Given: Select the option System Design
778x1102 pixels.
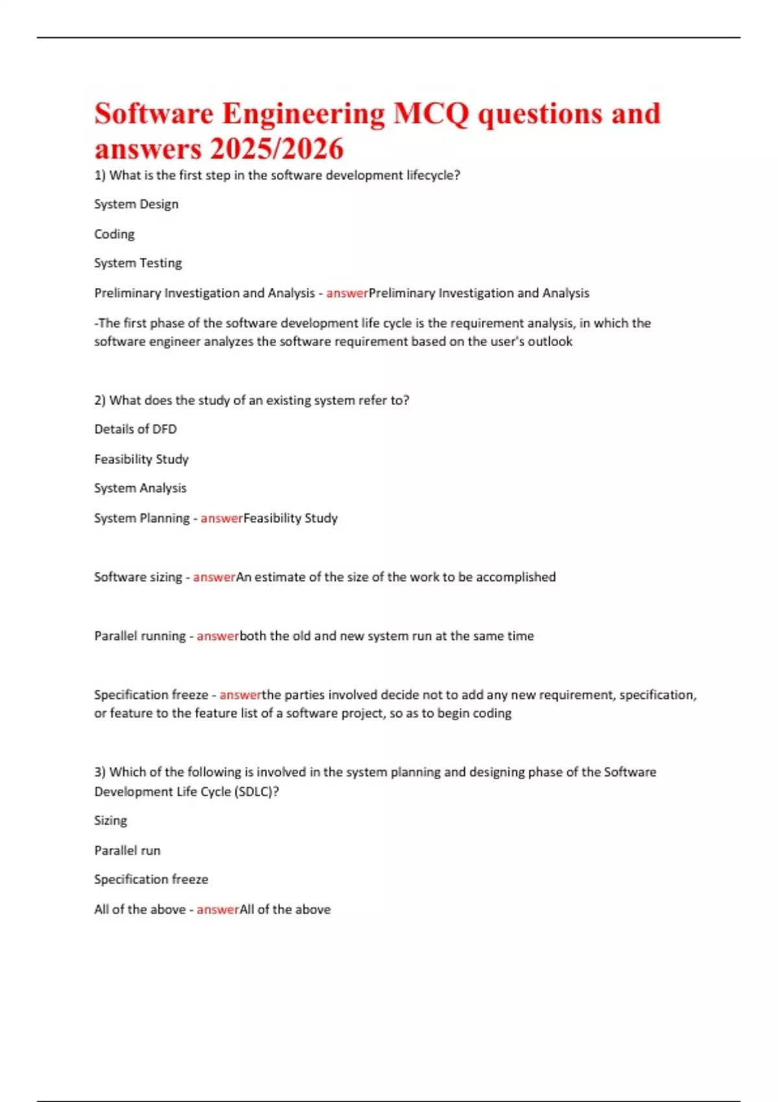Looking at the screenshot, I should tap(136, 204).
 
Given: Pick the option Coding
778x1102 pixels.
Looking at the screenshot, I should tap(114, 234).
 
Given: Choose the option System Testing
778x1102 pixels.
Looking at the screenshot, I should tap(138, 263).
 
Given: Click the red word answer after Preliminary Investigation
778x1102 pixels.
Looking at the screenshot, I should tap(347, 293).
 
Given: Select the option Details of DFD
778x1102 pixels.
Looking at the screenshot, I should tap(136, 429).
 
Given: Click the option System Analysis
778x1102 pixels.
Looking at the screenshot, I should tap(140, 488).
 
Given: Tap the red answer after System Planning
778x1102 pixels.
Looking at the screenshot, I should tap(222, 518).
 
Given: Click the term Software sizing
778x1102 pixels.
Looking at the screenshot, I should tap(138, 577).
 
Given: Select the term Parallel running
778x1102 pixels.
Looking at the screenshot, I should tap(140, 636).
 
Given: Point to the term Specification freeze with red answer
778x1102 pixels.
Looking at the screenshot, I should tap(151, 695).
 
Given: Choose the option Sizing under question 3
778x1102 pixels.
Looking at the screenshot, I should tap(111, 821).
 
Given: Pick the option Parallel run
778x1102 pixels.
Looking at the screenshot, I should tap(127, 850).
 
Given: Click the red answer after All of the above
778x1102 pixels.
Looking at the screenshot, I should tap(218, 909).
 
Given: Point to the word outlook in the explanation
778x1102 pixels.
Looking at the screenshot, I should tap(550, 342).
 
